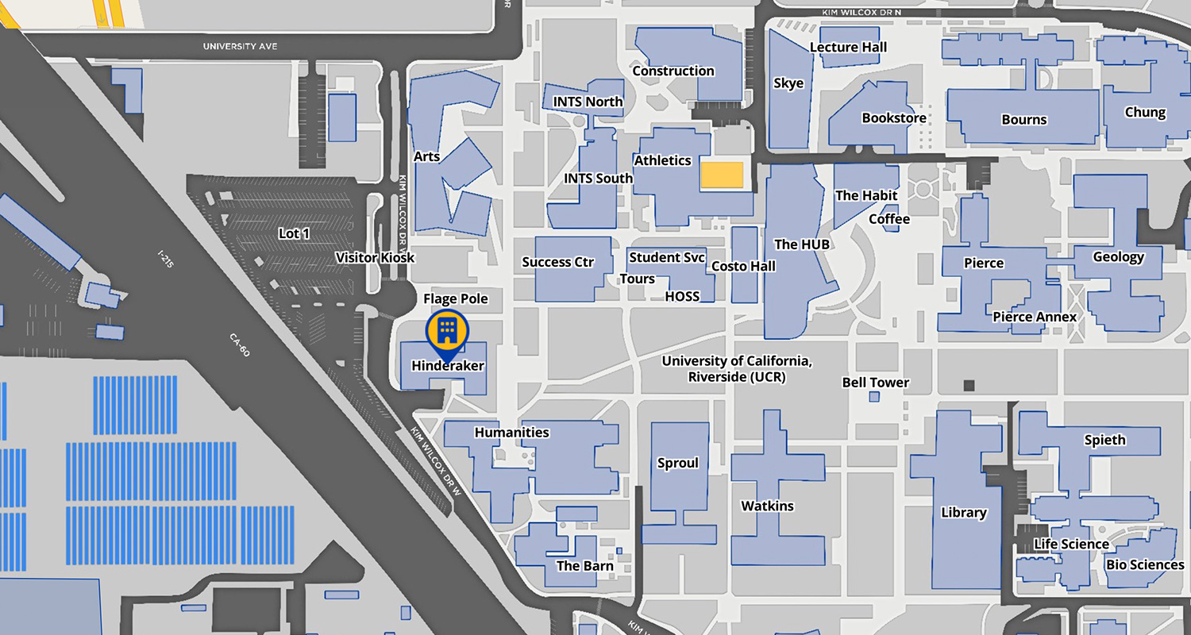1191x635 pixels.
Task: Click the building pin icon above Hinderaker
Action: click(447, 331)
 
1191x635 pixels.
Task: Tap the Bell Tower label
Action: click(876, 383)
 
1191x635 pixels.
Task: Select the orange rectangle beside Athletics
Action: click(722, 175)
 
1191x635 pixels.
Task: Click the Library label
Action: click(963, 513)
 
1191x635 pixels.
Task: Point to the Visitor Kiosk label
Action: click(375, 258)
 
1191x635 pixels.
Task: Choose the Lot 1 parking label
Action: click(294, 233)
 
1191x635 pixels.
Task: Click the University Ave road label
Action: click(240, 47)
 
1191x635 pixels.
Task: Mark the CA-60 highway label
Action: click(239, 345)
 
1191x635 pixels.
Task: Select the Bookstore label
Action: click(894, 118)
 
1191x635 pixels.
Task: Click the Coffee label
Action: click(889, 219)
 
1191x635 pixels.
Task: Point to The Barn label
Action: click(584, 566)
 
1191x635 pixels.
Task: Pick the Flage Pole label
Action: click(456, 298)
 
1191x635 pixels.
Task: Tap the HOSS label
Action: click(682, 296)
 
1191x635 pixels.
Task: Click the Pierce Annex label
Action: click(1035, 317)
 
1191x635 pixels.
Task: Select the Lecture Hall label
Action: click(848, 48)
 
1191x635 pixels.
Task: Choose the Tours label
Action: click(637, 279)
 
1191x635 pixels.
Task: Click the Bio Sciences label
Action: click(1145, 565)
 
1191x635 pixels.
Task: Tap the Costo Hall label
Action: click(743, 266)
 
